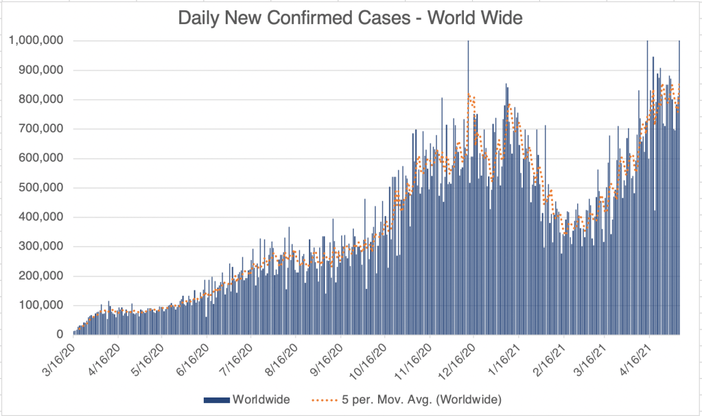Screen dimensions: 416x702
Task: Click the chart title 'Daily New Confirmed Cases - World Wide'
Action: (x=351, y=18)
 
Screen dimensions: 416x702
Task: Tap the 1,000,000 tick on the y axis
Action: (x=36, y=41)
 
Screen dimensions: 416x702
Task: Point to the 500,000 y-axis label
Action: (x=41, y=187)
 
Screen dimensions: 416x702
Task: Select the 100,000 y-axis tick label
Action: (x=41, y=305)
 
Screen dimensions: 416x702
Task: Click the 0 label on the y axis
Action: (x=60, y=334)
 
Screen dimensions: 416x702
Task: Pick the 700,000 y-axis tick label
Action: (x=41, y=128)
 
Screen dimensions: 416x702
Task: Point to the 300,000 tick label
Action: (x=41, y=246)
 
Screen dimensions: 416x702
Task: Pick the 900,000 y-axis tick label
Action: (x=41, y=70)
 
